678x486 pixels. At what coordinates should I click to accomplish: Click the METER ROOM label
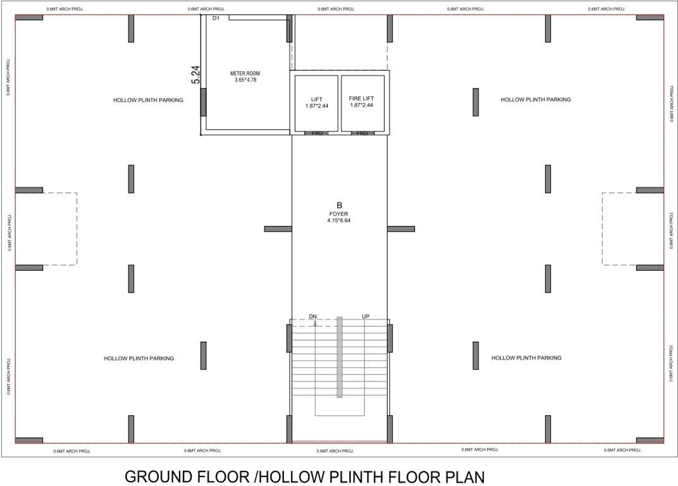[x=245, y=73]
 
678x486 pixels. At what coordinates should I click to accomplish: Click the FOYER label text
[x=339, y=214]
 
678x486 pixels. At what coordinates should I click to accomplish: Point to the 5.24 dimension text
[x=196, y=75]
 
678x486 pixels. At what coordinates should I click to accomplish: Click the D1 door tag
[x=216, y=19]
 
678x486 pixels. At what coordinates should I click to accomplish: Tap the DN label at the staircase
[x=312, y=316]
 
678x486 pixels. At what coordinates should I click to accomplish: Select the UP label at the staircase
[x=366, y=316]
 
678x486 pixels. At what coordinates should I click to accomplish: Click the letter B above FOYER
[x=339, y=206]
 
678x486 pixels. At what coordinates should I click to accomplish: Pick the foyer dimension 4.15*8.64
[x=339, y=221]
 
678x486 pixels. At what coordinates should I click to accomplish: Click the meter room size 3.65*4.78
[x=245, y=80]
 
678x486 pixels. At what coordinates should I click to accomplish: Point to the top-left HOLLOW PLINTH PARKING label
[x=148, y=100]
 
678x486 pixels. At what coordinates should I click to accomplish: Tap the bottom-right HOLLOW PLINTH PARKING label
[x=526, y=358]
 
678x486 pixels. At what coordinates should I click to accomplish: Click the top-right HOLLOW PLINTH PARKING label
[x=536, y=100]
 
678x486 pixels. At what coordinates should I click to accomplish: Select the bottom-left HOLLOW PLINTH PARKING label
[x=139, y=359]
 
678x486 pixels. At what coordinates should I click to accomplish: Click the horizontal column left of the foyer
[x=278, y=228]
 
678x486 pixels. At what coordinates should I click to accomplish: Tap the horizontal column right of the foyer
[x=401, y=228]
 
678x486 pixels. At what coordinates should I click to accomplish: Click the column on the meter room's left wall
[x=203, y=102]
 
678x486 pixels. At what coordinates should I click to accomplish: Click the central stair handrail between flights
[x=340, y=357]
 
